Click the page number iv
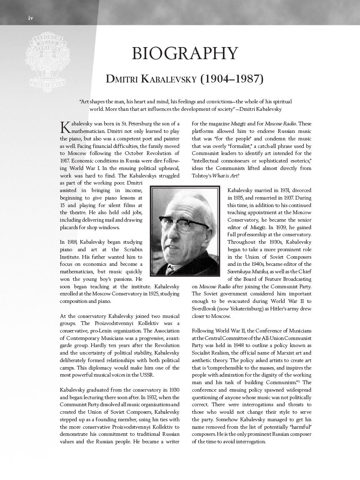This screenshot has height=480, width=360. [x=30, y=18]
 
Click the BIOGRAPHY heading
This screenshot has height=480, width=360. [x=185, y=54]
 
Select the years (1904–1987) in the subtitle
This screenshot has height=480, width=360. [x=232, y=79]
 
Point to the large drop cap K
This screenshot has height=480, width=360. [x=65, y=127]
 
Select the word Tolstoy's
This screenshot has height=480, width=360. [x=202, y=176]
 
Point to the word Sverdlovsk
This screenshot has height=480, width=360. [x=205, y=309]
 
